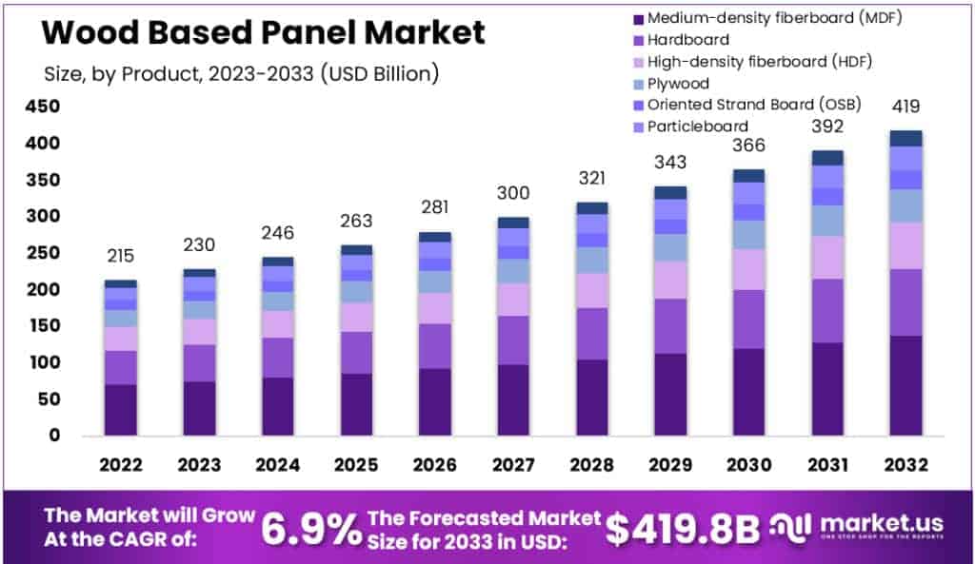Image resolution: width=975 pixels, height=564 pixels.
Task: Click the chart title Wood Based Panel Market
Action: (264, 33)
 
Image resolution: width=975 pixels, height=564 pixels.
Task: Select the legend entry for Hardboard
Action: (687, 40)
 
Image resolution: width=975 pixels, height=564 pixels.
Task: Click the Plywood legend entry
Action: (678, 84)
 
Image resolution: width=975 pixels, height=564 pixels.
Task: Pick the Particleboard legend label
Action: (697, 126)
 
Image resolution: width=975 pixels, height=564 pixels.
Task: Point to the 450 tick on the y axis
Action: (44, 107)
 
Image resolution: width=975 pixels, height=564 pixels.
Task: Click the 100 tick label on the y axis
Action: (44, 362)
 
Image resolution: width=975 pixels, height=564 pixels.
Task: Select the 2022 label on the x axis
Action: (121, 464)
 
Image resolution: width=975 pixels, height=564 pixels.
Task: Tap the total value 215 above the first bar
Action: (121, 256)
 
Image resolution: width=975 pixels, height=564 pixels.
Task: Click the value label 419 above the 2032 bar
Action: (906, 107)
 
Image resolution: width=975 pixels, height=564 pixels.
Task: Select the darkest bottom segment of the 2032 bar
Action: (906, 385)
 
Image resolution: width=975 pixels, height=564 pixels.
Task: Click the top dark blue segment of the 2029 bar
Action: (670, 192)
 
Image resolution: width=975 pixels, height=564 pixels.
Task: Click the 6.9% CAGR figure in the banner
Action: (312, 529)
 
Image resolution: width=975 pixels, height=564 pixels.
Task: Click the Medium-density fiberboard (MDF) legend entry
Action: (773, 18)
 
